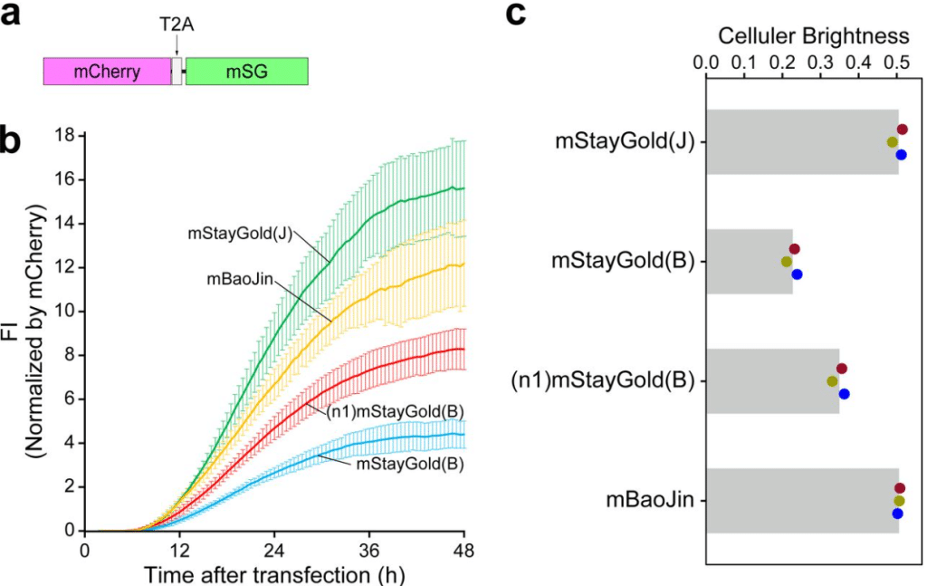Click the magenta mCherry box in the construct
pos(107,72)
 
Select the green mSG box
pos(247,72)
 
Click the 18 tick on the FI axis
pos(64,136)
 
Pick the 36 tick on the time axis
pos(369,551)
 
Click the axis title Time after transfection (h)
pos(274,573)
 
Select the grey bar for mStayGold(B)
pos(749,262)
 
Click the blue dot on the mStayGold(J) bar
pos(901,154)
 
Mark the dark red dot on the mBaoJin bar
pos(900,488)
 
